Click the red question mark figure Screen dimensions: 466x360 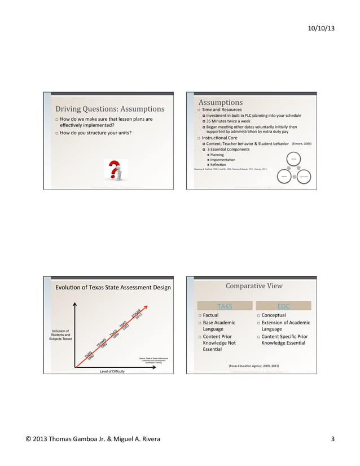(x=115, y=169)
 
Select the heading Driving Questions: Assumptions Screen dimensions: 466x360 (x=109, y=109)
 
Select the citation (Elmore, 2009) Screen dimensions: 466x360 (x=301, y=144)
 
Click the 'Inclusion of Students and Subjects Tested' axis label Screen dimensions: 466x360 (x=60, y=335)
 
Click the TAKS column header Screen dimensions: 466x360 (x=225, y=306)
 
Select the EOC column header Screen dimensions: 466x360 (x=283, y=306)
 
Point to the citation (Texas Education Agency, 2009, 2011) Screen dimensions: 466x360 (x=253, y=366)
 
